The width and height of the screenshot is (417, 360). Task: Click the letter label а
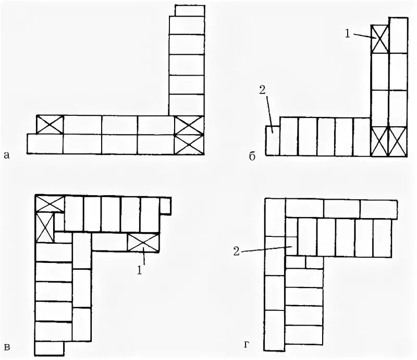[x=6, y=154]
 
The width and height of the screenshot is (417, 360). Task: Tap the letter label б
[x=252, y=156]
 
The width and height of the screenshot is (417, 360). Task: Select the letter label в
[x=6, y=346]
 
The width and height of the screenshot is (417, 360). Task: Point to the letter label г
[x=246, y=345]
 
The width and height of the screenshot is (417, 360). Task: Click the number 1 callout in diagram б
[x=348, y=33]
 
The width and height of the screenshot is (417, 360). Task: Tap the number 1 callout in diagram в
[x=139, y=271]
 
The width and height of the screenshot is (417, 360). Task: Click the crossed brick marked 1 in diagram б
[x=379, y=38]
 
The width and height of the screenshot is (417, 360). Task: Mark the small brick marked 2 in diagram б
[x=272, y=140]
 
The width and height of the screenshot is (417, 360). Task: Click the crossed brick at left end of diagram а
[x=50, y=125]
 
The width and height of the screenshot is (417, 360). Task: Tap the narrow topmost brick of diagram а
[x=190, y=10]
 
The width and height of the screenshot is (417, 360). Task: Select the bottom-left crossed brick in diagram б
[x=379, y=141]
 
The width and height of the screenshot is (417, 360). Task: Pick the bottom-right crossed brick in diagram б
[x=398, y=141]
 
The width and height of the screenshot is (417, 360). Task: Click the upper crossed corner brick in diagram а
[x=189, y=125]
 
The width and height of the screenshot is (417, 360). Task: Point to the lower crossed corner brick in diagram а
[x=189, y=144]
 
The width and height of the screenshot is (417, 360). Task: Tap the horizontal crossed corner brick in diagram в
[x=50, y=203]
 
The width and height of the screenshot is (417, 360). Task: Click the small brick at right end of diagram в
[x=165, y=207]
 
